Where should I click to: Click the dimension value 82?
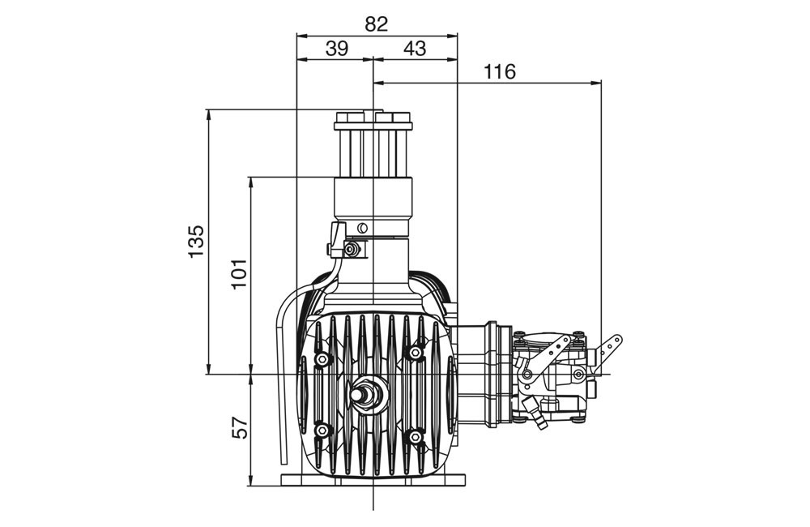[x=376, y=24]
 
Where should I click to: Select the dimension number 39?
[x=337, y=49]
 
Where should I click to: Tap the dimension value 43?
[x=415, y=49]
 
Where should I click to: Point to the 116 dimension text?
[x=500, y=71]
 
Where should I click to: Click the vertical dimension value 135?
[x=196, y=241]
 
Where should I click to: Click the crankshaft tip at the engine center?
[x=357, y=393]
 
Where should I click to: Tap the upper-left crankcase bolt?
[x=322, y=359]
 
